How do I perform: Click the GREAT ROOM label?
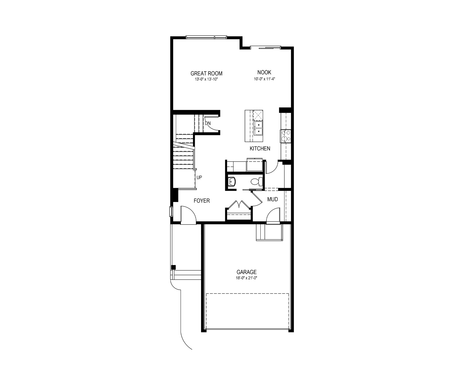207,73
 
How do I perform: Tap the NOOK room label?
264,72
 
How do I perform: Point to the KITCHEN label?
260,149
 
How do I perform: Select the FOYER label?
202,201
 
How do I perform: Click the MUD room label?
273,199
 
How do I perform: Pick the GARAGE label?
246,272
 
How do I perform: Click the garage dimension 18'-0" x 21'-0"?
246,278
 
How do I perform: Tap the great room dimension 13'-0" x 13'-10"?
207,79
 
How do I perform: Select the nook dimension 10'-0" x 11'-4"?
264,79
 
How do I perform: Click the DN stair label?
208,123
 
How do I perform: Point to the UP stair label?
199,178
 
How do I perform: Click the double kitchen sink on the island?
258,129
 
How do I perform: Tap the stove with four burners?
285,136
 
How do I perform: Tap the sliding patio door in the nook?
266,47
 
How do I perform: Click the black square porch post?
173,267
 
